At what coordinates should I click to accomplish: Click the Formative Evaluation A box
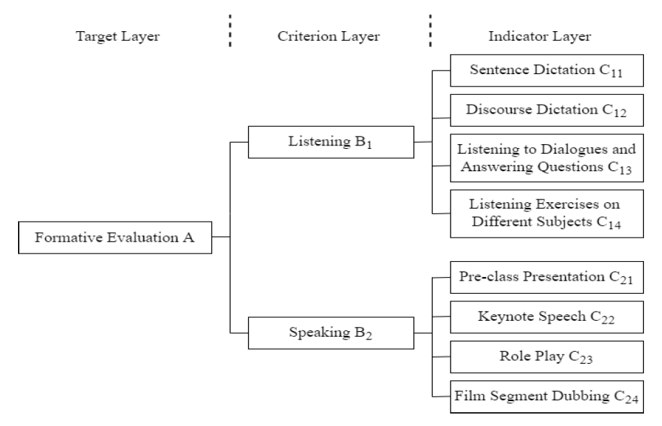pos(114,237)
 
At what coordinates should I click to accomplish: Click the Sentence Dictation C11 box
pos(547,71)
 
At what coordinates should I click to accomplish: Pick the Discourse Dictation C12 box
pos(547,111)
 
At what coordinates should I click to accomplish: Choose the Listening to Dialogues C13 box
pos(547,158)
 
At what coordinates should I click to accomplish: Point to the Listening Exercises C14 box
pos(547,213)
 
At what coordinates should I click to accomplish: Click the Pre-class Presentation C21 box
pos(547,278)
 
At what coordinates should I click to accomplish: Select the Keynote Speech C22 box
pos(547,318)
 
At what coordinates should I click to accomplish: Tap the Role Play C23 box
pos(547,358)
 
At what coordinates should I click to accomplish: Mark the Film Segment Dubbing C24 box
pos(547,398)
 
